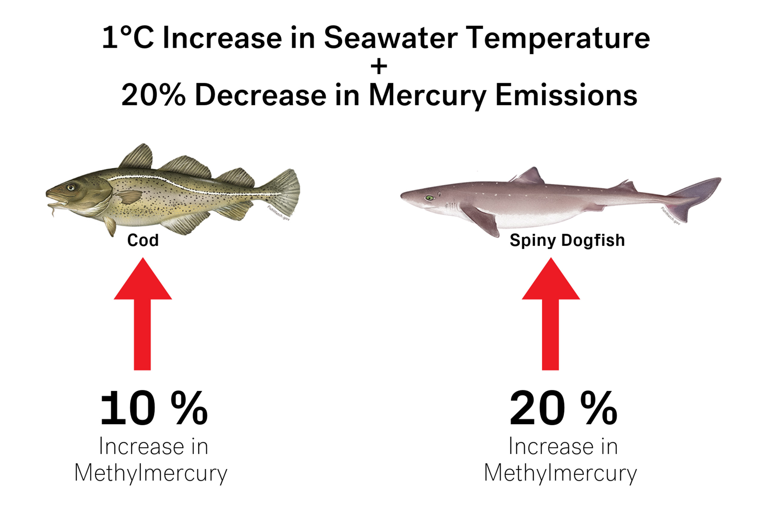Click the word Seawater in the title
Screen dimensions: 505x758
[390, 38]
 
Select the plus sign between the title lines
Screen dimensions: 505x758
[379, 67]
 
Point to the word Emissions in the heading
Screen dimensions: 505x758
[566, 95]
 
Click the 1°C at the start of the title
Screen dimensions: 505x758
[127, 38]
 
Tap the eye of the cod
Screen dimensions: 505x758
[71, 187]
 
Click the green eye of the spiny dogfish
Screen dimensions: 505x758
[429, 198]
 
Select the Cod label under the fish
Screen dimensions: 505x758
[143, 240]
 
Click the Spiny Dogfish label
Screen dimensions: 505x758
[567, 240]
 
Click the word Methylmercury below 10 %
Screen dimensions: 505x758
[151, 473]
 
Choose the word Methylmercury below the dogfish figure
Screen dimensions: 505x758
[560, 473]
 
